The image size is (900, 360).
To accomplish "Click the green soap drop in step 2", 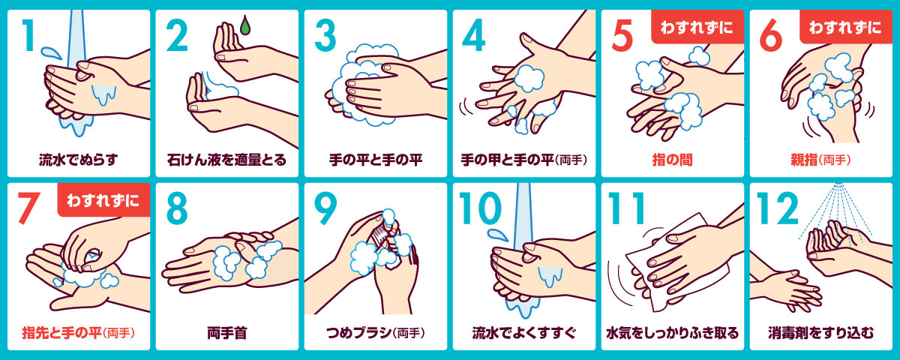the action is pyautogui.click(x=245, y=25).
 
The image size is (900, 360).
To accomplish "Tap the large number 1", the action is pyautogui.click(x=28, y=35).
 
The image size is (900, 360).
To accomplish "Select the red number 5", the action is pyautogui.click(x=622, y=35).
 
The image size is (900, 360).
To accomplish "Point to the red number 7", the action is pyautogui.click(x=29, y=208).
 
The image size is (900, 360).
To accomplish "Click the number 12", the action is pyautogui.click(x=777, y=208).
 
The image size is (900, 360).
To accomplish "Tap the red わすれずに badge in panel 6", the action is pyautogui.click(x=845, y=26).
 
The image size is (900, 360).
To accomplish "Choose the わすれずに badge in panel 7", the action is pyautogui.click(x=103, y=200).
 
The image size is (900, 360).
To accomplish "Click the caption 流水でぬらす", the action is pyautogui.click(x=78, y=160).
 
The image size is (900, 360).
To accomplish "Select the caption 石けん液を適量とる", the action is pyautogui.click(x=226, y=160).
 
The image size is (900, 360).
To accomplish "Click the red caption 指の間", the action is pyautogui.click(x=672, y=160).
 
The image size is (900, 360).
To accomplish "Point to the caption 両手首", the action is pyautogui.click(x=227, y=333).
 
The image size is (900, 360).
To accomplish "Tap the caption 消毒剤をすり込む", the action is pyautogui.click(x=820, y=333).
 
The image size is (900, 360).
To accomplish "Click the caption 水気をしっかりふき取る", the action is pyautogui.click(x=672, y=333).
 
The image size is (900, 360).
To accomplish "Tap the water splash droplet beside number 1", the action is pyautogui.click(x=51, y=52).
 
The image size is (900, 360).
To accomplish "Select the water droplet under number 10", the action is pyautogui.click(x=498, y=235).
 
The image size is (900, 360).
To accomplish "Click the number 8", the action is pyautogui.click(x=177, y=208).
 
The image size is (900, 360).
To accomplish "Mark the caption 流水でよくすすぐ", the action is pyautogui.click(x=524, y=333).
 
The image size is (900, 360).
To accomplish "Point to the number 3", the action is pyautogui.click(x=325, y=35).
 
